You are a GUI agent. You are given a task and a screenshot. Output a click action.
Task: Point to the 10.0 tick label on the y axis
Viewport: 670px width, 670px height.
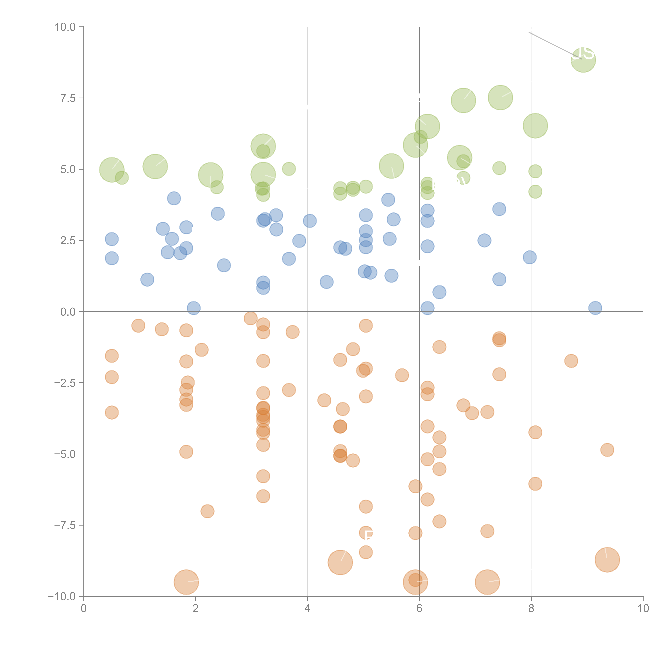[x=65, y=27]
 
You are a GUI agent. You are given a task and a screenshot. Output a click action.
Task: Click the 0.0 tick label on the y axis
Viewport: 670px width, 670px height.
[x=68, y=312]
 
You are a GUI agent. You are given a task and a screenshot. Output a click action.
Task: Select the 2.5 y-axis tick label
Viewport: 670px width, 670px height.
[x=68, y=241]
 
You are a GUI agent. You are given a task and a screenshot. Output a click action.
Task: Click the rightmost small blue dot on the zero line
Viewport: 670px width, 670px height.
[x=595, y=308]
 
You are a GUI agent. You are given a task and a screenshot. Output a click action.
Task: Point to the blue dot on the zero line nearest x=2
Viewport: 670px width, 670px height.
[x=193, y=308]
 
